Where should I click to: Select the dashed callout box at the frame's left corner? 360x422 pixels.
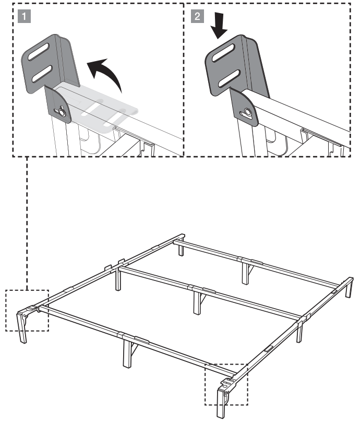click(x=27, y=310)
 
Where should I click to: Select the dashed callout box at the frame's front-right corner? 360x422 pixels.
click(x=226, y=384)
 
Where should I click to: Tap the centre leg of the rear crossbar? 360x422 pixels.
click(x=244, y=271)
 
